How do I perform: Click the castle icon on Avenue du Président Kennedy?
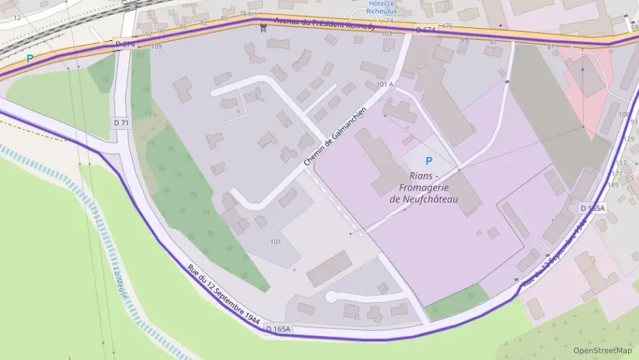coord(263,27)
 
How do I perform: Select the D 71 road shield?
coord(122,122)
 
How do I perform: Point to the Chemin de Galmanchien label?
coord(330,137)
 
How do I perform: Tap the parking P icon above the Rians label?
coord(429,161)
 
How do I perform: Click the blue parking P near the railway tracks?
coord(29,59)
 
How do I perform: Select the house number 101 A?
coord(385,84)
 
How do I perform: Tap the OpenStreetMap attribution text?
coord(602,350)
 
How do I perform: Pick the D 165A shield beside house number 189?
coord(593,208)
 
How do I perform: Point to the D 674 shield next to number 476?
coord(425,30)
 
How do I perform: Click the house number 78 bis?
coord(248,14)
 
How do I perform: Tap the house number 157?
coord(621,163)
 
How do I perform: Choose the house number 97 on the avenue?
coord(493,43)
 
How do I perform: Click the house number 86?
coord(182,27)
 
